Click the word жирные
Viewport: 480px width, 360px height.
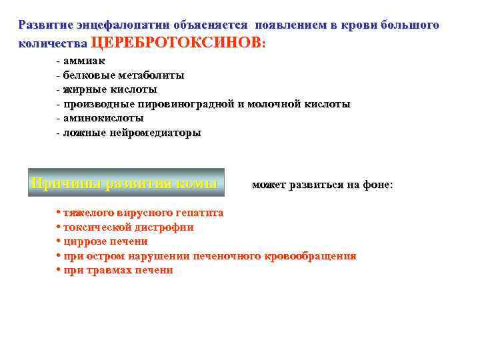(85, 89)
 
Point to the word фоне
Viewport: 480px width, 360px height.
(377, 185)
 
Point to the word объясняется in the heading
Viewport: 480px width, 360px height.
(209, 25)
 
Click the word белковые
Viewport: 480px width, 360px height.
(89, 75)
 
